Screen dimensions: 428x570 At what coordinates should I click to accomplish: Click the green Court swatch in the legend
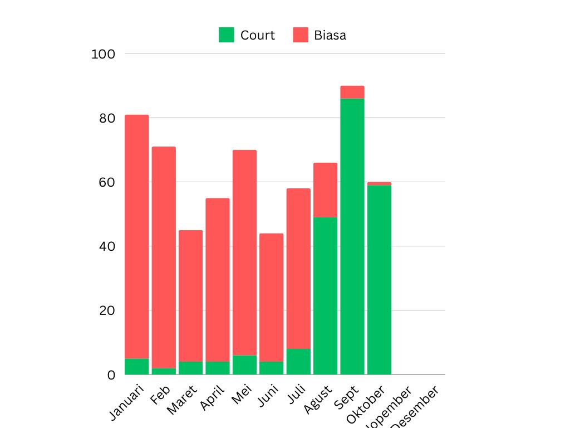click(227, 35)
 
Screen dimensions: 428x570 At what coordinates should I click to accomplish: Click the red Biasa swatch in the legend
click(301, 35)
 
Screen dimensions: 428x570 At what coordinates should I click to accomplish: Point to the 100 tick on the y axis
click(103, 54)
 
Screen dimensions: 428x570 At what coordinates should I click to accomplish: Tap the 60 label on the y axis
click(107, 182)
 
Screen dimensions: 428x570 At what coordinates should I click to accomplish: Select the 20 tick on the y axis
click(107, 310)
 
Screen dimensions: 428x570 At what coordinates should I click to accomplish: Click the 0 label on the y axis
click(111, 375)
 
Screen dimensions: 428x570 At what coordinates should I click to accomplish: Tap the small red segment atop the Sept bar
click(352, 92)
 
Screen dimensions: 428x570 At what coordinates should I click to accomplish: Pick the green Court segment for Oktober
click(379, 279)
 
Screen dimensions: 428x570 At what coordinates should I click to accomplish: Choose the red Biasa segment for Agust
click(325, 190)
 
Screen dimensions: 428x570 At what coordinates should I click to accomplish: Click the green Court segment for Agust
click(325, 295)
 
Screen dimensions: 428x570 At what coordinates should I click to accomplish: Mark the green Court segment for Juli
click(298, 361)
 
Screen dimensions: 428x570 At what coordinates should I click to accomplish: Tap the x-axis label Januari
click(127, 402)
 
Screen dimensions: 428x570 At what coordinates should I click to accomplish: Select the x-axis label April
click(213, 397)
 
